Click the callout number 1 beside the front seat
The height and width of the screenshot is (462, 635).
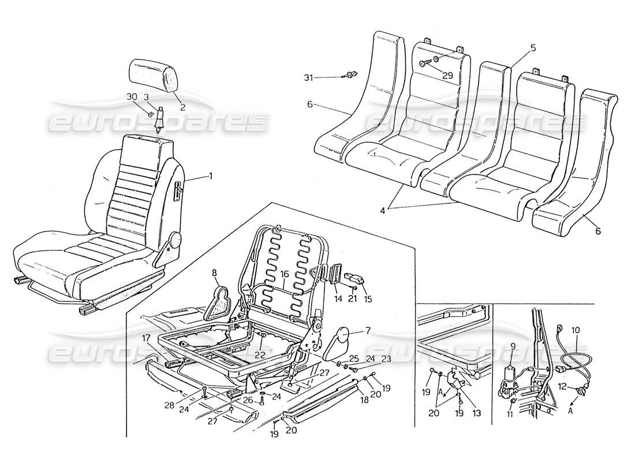point(210,176)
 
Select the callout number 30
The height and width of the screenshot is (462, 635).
point(132,96)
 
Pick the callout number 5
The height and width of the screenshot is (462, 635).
point(533,49)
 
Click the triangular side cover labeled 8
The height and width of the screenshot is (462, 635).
point(220,302)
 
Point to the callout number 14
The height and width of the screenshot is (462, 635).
point(337,299)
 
